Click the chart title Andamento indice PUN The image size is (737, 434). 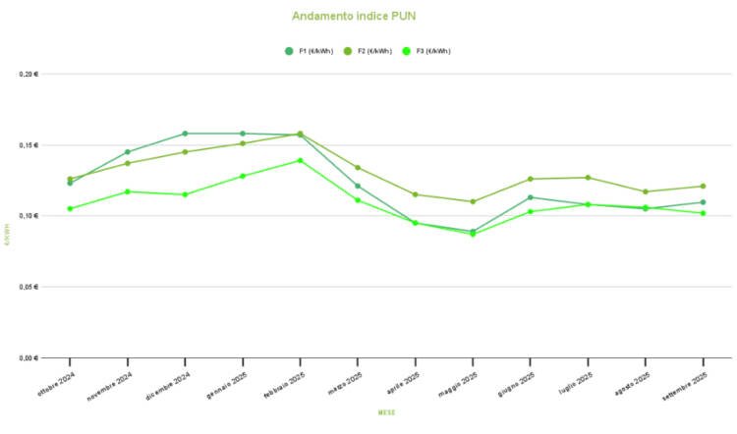pos(347,16)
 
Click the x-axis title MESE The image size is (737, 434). pos(387,413)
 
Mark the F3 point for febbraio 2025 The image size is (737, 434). pos(300,160)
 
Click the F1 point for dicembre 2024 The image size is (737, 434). pos(185,134)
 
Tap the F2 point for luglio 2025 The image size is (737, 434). pos(588,178)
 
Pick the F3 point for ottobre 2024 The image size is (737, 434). pos(70,208)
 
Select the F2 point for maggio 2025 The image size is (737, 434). pos(473,201)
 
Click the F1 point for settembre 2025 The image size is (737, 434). pos(703,202)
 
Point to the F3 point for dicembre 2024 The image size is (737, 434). pos(185,194)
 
